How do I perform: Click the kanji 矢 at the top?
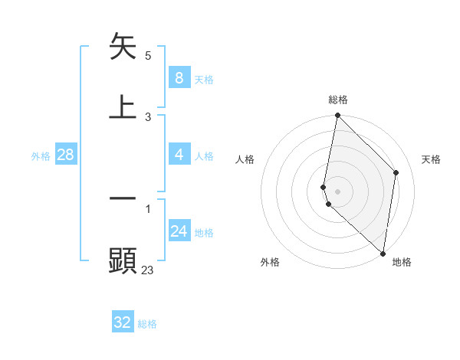pyautogui.click(x=123, y=47)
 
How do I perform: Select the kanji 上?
pyautogui.click(x=123, y=106)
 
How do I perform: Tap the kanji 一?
pyautogui.click(x=123, y=198)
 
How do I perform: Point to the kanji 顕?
pyautogui.click(x=123, y=260)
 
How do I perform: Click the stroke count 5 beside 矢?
pyautogui.click(x=148, y=56)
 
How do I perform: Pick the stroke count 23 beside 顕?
pyautogui.click(x=148, y=270)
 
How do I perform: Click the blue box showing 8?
pyautogui.click(x=179, y=78)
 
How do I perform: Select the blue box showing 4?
pyautogui.click(x=179, y=155)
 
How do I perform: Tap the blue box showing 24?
pyautogui.click(x=179, y=231)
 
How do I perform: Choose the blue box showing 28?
pyautogui.click(x=65, y=155)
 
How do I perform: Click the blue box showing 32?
pyautogui.click(x=123, y=322)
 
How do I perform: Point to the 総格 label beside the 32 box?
pyautogui.click(x=147, y=324)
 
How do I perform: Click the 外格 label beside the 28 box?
pyautogui.click(x=41, y=156)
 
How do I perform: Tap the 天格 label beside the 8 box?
pyautogui.click(x=204, y=80)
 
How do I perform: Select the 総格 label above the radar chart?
pyautogui.click(x=337, y=100)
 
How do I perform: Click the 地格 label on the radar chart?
pyautogui.click(x=402, y=263)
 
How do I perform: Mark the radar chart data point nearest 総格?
pyautogui.click(x=337, y=116)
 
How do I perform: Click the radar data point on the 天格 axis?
pyautogui.click(x=396, y=172)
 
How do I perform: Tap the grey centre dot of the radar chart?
pyautogui.click(x=337, y=191)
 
